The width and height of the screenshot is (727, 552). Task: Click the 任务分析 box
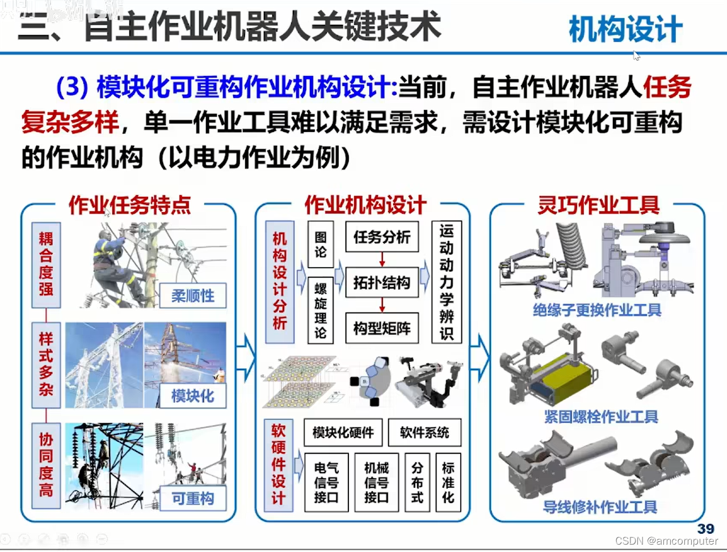click(x=381, y=237)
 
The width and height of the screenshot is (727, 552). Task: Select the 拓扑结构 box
click(x=381, y=282)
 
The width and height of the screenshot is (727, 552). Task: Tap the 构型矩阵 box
click(x=381, y=328)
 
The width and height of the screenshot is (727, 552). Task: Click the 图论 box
click(x=321, y=244)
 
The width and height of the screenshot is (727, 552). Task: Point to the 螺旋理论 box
click(x=321, y=309)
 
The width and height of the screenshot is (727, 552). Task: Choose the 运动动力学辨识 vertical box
click(x=447, y=282)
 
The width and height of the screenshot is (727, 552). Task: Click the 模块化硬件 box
click(x=343, y=433)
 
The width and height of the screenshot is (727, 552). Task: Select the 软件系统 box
click(x=425, y=433)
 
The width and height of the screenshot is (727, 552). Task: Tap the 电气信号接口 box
click(x=326, y=482)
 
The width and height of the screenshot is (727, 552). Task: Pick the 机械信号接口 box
click(x=376, y=482)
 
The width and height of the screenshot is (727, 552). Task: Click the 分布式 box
click(x=417, y=482)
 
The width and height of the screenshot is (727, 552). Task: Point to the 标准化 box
click(x=448, y=482)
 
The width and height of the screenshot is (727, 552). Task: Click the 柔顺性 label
click(x=193, y=296)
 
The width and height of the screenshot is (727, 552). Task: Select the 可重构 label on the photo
click(x=193, y=499)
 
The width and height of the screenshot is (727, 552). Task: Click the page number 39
click(x=705, y=528)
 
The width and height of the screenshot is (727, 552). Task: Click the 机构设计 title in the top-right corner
click(x=625, y=30)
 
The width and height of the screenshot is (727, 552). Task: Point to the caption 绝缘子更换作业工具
click(x=597, y=310)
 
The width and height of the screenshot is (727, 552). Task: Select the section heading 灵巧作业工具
click(x=598, y=205)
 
